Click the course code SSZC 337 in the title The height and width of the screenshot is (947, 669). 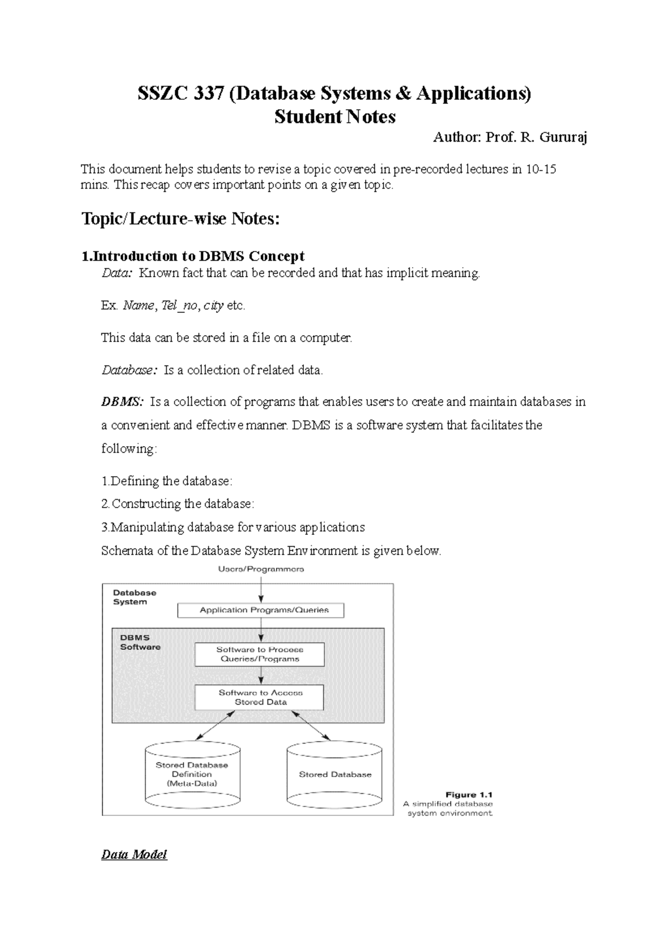181,93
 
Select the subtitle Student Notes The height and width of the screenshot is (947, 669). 334,117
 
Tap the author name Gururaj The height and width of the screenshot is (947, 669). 563,137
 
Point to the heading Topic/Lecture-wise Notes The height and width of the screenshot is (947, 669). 180,219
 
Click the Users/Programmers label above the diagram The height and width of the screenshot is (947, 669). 261,569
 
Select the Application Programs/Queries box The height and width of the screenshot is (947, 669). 261,610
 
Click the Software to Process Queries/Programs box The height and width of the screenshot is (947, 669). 260,654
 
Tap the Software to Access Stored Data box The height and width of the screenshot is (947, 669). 260,698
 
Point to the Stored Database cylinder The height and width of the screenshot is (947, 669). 334,775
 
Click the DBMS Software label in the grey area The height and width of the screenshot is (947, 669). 140,642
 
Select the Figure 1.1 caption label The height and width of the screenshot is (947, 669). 469,795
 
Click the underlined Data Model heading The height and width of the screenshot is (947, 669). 134,855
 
